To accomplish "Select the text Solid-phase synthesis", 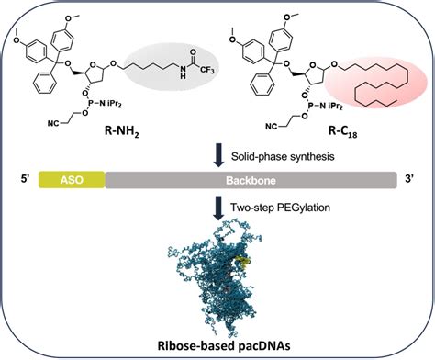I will (282, 157).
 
